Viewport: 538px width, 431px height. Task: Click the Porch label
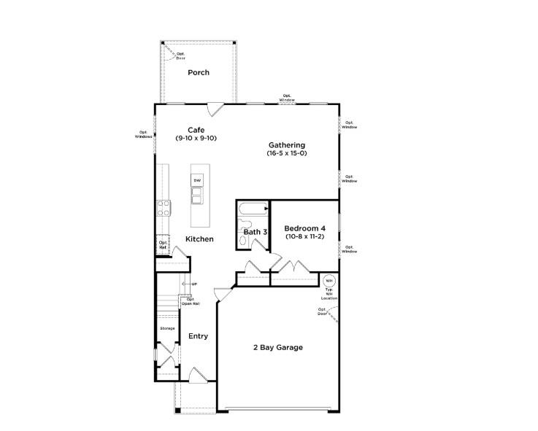click(199, 72)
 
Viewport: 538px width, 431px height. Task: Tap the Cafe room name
click(196, 130)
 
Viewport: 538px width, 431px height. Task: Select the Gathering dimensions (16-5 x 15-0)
click(286, 154)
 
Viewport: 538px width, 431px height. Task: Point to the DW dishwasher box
click(197, 180)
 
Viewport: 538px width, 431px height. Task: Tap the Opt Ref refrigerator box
click(163, 245)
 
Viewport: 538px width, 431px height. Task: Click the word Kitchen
click(199, 239)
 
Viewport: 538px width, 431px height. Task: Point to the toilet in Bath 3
click(244, 237)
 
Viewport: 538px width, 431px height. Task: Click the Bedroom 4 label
click(305, 228)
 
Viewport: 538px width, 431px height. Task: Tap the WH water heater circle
click(329, 281)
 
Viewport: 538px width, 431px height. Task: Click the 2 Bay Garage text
click(279, 347)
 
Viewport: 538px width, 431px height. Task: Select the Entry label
click(199, 336)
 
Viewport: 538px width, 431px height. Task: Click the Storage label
click(168, 328)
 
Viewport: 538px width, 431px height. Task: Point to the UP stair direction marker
click(194, 284)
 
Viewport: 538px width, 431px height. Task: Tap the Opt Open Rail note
click(190, 301)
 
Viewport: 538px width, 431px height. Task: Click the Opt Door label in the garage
click(322, 311)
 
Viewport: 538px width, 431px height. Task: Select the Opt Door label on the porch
click(180, 55)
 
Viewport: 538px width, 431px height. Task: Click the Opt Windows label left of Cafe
click(143, 134)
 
